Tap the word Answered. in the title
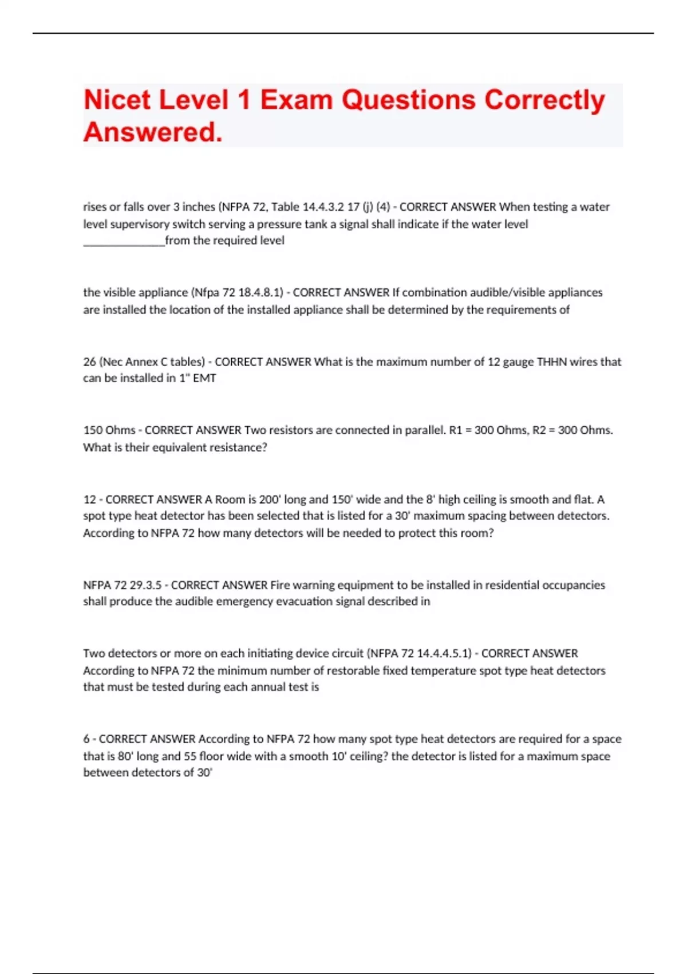[x=153, y=132]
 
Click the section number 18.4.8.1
[x=260, y=293]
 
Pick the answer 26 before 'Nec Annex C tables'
[x=89, y=362]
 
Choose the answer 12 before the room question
[x=89, y=500]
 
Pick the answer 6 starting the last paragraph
[x=86, y=739]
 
